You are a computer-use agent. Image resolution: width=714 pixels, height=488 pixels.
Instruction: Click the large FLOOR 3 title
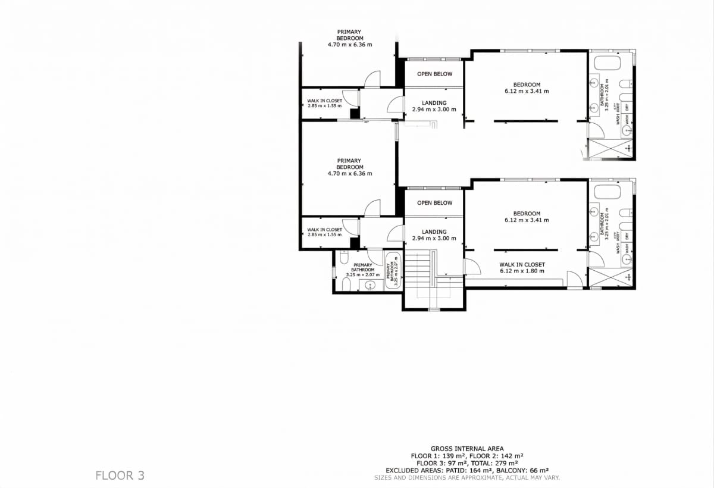coord(120,476)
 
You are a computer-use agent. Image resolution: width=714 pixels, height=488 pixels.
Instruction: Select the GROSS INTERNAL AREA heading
coord(467,449)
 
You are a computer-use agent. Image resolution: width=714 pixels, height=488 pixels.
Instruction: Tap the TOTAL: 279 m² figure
coord(496,463)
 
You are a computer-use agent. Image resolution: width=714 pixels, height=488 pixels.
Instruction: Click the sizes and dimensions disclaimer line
coord(467,477)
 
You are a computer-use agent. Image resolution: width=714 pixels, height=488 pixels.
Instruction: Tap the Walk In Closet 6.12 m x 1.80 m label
coord(522,268)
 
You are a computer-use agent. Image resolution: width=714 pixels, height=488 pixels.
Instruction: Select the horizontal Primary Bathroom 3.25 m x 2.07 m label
coord(362,270)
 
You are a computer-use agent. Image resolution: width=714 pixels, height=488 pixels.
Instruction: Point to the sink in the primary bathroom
coord(369,286)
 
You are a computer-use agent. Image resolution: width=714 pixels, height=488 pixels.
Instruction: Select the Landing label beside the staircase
coord(434,235)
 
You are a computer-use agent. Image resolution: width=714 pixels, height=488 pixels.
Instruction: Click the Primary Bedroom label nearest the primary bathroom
coord(349,167)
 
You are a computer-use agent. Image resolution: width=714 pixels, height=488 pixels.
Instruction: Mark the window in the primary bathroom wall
coord(334,271)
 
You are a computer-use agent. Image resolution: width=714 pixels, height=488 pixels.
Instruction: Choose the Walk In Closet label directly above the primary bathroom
coord(324,232)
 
